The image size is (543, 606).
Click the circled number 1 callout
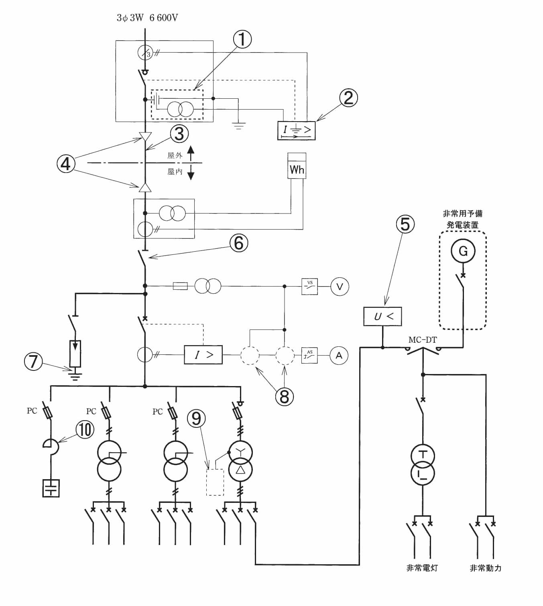(x=242, y=39)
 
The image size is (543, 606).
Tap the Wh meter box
(x=297, y=166)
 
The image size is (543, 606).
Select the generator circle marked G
(x=463, y=251)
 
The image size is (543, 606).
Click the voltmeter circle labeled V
(x=340, y=287)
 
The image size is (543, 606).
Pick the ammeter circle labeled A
(x=339, y=355)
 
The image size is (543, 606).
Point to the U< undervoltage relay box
(x=382, y=316)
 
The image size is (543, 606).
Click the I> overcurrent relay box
(x=203, y=355)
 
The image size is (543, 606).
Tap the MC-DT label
(x=423, y=340)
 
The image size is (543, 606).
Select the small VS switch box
(x=310, y=287)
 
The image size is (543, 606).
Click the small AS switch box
(x=309, y=355)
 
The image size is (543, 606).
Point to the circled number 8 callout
(x=284, y=397)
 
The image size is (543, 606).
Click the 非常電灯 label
(x=422, y=568)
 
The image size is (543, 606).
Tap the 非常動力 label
(x=486, y=568)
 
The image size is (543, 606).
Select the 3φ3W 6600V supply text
(x=147, y=18)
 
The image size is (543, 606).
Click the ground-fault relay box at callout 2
(x=296, y=130)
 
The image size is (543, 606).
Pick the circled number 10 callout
(x=85, y=429)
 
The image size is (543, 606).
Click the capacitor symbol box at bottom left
(x=51, y=488)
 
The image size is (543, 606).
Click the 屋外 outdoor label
(x=175, y=155)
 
